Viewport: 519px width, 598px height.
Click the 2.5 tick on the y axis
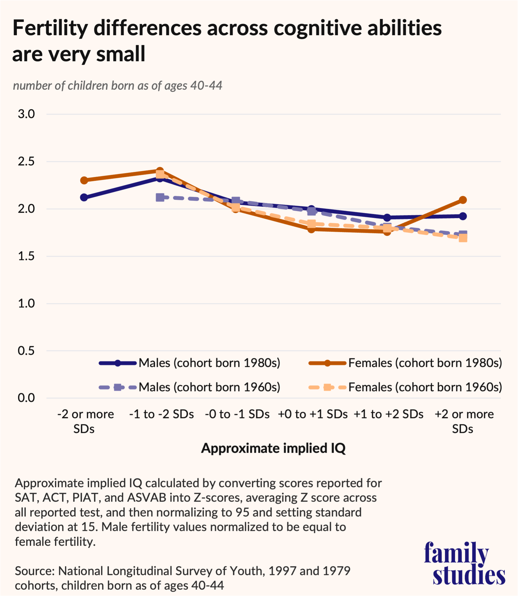click(26, 162)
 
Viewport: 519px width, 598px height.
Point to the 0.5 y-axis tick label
click(26, 351)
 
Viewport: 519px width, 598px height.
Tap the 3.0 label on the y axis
click(26, 114)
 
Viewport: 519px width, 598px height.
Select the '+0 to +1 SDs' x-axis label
click(313, 414)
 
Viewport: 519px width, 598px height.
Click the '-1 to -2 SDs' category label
click(161, 414)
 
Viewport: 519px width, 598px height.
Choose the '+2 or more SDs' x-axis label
click(464, 421)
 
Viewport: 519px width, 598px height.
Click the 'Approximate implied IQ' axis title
click(273, 448)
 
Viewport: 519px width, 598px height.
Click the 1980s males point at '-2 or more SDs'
click(84, 197)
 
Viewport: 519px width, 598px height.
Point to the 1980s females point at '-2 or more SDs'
click(84, 180)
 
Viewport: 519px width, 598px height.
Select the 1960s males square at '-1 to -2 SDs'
click(160, 197)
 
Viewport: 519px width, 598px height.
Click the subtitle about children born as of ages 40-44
click(117, 86)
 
